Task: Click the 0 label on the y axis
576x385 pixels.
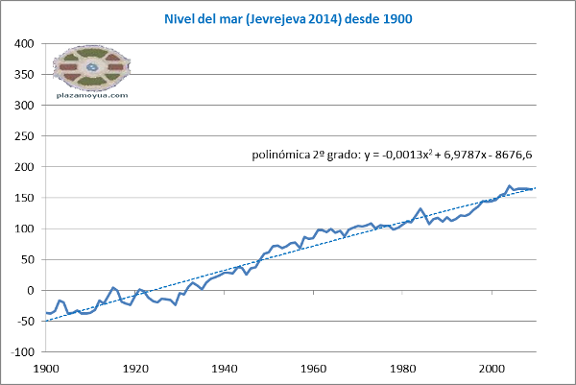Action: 31,290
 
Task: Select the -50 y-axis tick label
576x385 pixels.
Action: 24,321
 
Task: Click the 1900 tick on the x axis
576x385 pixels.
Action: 45,367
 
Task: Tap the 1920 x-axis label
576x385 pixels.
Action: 134,367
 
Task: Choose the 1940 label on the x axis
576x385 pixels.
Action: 225,367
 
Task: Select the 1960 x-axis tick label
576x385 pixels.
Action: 314,367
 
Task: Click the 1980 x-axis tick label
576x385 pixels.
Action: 403,367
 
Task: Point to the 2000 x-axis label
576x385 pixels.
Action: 492,367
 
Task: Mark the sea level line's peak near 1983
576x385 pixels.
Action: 420,208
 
